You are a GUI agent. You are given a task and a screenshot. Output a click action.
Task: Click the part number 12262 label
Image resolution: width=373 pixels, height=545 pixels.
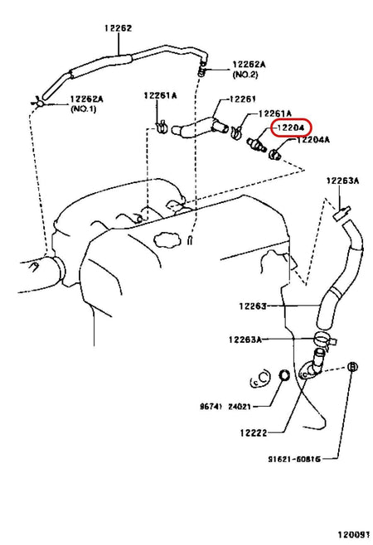(x=117, y=27)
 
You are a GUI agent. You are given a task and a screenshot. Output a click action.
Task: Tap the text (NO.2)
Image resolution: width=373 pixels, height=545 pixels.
(x=246, y=74)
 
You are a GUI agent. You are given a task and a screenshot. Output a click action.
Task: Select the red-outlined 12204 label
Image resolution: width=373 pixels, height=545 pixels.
(x=291, y=127)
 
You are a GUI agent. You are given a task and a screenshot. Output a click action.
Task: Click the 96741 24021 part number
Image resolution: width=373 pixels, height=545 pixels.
(x=224, y=407)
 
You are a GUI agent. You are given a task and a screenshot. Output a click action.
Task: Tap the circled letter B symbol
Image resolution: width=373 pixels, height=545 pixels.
(x=351, y=366)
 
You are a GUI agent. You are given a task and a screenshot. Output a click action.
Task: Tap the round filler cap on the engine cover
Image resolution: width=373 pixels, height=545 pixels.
(x=168, y=243)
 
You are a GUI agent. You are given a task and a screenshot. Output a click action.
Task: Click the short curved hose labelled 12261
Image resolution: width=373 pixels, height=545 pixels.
(x=197, y=128)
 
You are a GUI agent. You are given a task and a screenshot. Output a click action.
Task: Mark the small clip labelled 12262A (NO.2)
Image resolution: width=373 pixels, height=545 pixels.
(x=201, y=72)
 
